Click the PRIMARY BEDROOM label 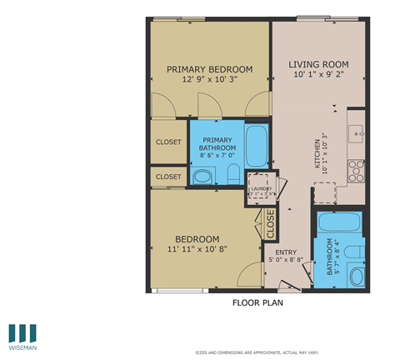coord(209,69)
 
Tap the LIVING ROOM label coord(318,64)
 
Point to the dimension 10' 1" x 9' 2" coord(318,75)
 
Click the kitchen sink coord(357,132)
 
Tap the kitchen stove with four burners coord(357,170)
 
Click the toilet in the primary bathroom coord(233,174)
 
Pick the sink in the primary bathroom coord(202,177)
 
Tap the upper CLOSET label coord(169,142)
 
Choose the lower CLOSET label coord(169,177)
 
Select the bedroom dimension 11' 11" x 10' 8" coord(197,248)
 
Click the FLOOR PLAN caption coord(257,303)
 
